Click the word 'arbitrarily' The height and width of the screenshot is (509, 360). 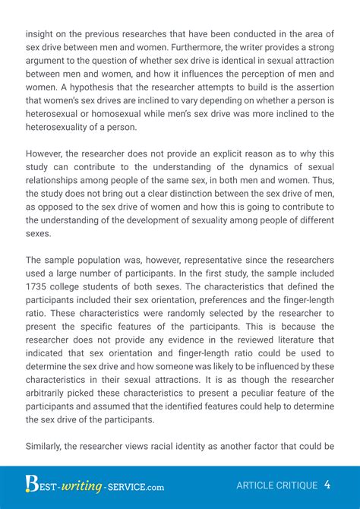click(51, 392)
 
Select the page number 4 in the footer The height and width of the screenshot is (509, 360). click(327, 484)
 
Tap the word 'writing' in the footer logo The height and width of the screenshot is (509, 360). click(74, 484)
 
